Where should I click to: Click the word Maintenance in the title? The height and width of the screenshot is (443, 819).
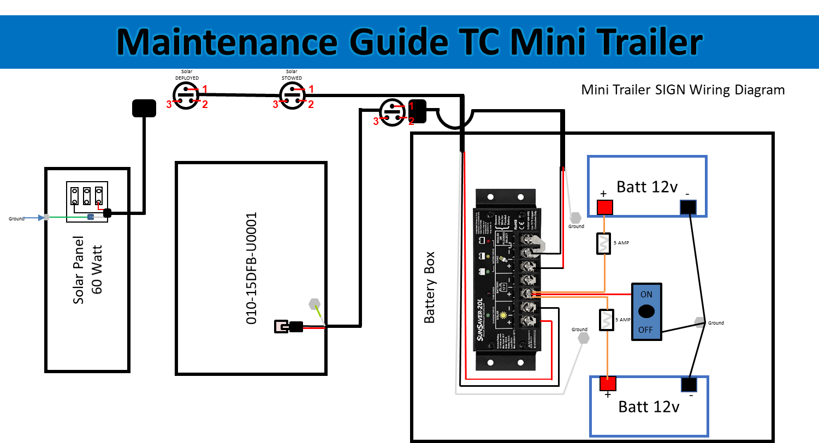pos(226,42)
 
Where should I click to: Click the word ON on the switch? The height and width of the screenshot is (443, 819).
pos(646,295)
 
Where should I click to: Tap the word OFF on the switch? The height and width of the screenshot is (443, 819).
pos(646,330)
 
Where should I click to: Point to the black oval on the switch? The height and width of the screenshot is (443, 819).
pos(646,312)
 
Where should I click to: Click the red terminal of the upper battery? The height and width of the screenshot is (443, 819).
pos(605,207)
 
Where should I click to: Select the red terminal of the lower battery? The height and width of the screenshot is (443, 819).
pos(608,384)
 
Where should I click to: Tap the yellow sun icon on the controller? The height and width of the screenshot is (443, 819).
pos(503,315)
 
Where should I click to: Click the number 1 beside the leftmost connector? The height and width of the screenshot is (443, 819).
pos(205,89)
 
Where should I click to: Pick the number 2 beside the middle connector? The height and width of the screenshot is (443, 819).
pos(311,105)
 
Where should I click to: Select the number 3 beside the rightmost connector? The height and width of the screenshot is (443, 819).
pos(376,122)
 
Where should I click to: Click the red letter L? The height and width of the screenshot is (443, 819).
pos(100,206)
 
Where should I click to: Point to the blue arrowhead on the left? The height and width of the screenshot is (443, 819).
pos(40,218)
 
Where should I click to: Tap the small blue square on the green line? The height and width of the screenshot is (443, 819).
pos(91,217)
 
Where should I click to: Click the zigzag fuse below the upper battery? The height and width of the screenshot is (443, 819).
pos(603,243)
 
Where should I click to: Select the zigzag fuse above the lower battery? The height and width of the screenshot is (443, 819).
pos(607,320)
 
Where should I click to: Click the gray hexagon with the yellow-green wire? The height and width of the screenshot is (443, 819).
pos(314,304)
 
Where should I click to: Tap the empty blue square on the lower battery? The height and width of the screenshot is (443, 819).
pos(689,385)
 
